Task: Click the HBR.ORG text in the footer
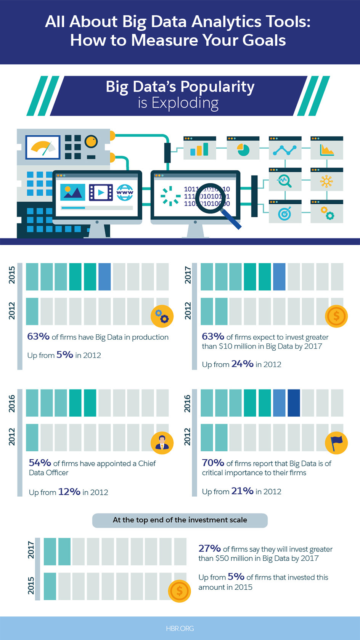coord(180,628)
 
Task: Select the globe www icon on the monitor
coord(125,192)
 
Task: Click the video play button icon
coord(101,192)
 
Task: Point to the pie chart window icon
coord(243,150)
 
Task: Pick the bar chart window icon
coord(199,150)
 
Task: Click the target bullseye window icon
coord(284,213)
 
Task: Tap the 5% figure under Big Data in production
coord(64,355)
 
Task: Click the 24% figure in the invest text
coord(242,364)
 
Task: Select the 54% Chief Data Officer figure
coord(40,463)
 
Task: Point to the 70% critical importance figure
coord(213,463)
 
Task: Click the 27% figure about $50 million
coord(209,549)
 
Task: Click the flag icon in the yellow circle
coord(336,443)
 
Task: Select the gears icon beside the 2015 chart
coord(162,316)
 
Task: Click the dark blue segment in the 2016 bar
coord(294,403)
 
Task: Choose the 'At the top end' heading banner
coord(180,520)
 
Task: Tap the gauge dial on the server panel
coord(43,148)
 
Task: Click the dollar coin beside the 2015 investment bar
coord(179,591)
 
